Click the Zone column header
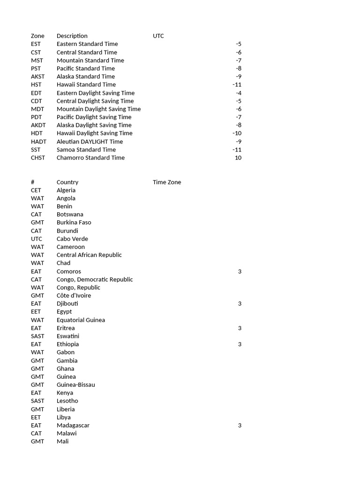(x=37, y=36)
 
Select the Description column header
(x=72, y=36)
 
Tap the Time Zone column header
(x=166, y=182)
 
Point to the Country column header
(x=67, y=182)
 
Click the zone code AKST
(x=38, y=76)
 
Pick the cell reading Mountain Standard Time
(x=90, y=60)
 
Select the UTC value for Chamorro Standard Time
(x=238, y=158)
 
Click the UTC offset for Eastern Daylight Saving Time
(x=239, y=93)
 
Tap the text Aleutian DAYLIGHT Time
(x=90, y=142)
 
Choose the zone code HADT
(x=39, y=142)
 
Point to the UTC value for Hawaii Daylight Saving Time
(x=237, y=134)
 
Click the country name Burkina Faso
(x=74, y=223)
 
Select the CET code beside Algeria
(x=36, y=190)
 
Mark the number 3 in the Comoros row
(x=240, y=271)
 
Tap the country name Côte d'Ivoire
(x=74, y=296)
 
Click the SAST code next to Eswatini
(x=37, y=336)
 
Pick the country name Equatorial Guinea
(x=81, y=320)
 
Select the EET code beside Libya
(x=36, y=417)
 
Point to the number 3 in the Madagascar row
(x=240, y=426)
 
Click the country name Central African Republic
(x=89, y=255)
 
